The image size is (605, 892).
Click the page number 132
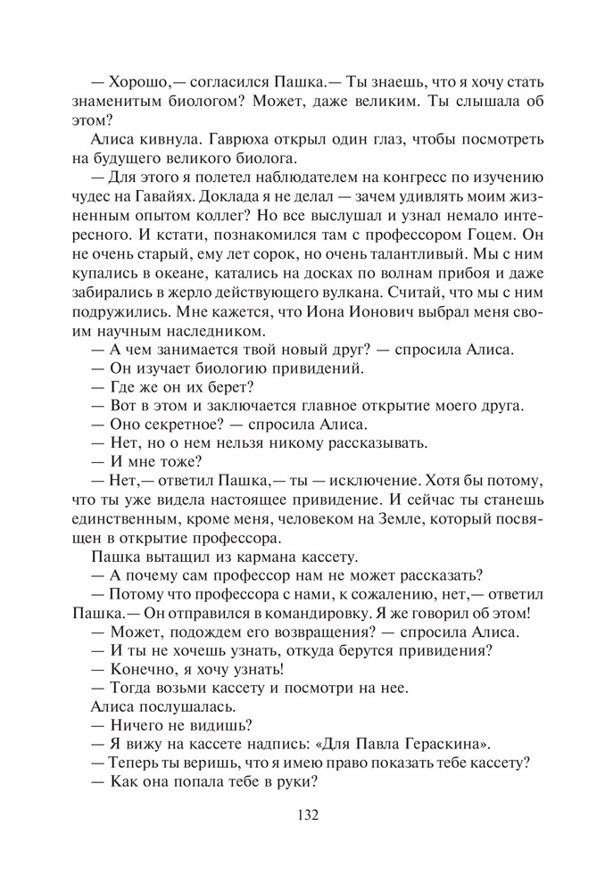coord(303,814)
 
